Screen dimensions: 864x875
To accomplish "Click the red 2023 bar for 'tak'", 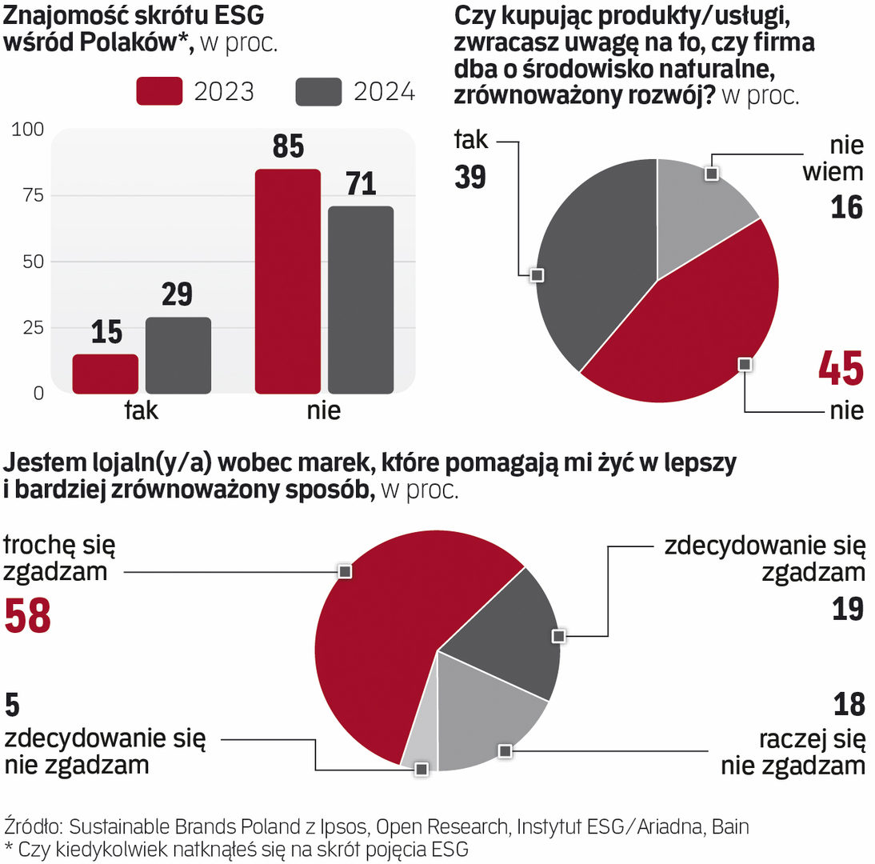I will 105,374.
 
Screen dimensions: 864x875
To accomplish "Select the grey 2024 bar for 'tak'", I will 178,355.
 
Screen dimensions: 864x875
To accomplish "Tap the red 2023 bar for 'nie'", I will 287,281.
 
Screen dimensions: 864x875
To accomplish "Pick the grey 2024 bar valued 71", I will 361,300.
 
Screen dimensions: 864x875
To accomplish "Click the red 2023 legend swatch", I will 160,91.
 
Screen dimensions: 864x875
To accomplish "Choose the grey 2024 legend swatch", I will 319,91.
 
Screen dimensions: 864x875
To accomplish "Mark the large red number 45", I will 841,369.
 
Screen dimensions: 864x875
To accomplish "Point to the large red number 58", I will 28,616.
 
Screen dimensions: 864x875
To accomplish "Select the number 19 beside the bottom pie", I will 847,610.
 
